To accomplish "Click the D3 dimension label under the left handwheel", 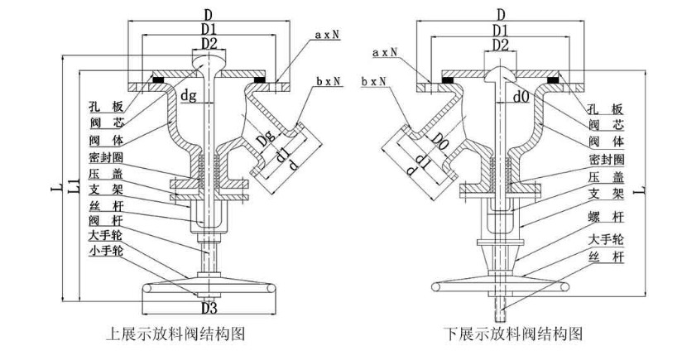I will click(208, 310).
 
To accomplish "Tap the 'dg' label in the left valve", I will click(190, 96).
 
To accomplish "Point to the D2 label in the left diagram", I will click(208, 43).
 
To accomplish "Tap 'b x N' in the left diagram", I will click(329, 83).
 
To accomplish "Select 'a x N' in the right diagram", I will click(385, 52).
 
